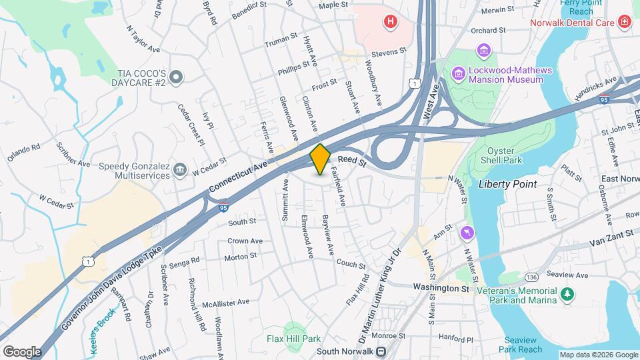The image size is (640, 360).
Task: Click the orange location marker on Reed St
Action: coord(320,159)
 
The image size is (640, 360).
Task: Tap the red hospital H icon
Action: coord(390,22)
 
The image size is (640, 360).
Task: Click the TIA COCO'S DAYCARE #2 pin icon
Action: coord(176,78)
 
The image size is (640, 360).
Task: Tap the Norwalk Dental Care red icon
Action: coord(624,22)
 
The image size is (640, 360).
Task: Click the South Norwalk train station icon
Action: coord(381,351)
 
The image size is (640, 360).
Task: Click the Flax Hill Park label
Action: coord(294,339)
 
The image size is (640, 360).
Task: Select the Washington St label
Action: coord(441,288)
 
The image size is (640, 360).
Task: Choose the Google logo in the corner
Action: coord(22,351)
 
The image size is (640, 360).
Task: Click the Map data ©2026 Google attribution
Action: coord(598,355)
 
